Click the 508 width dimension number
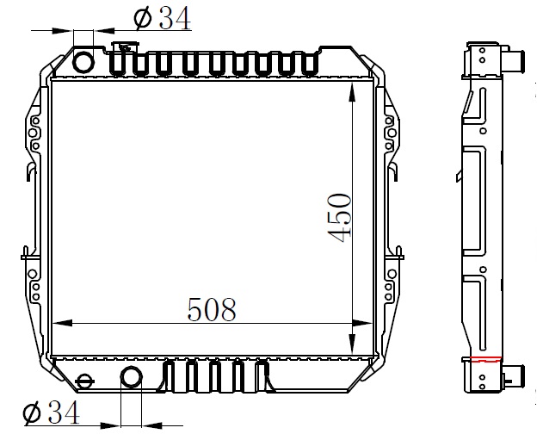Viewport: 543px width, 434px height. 212,309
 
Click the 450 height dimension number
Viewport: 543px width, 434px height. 339,217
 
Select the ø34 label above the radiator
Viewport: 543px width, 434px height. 163,18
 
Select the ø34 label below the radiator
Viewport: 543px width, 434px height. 52,412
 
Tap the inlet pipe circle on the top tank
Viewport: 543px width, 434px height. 83,62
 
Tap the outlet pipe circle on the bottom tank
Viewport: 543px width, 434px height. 132,377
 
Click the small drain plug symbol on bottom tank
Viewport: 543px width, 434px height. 83,381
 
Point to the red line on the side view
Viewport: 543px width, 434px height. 486,359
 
